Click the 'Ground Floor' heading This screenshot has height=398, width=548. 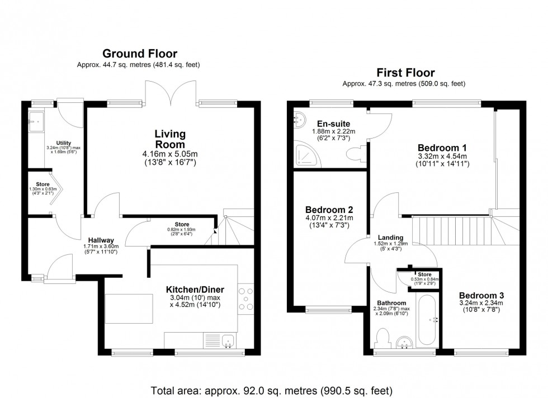139,54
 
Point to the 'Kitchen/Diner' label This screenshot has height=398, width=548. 195,290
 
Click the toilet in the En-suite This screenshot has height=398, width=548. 355,153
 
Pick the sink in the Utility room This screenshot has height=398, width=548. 38,119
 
